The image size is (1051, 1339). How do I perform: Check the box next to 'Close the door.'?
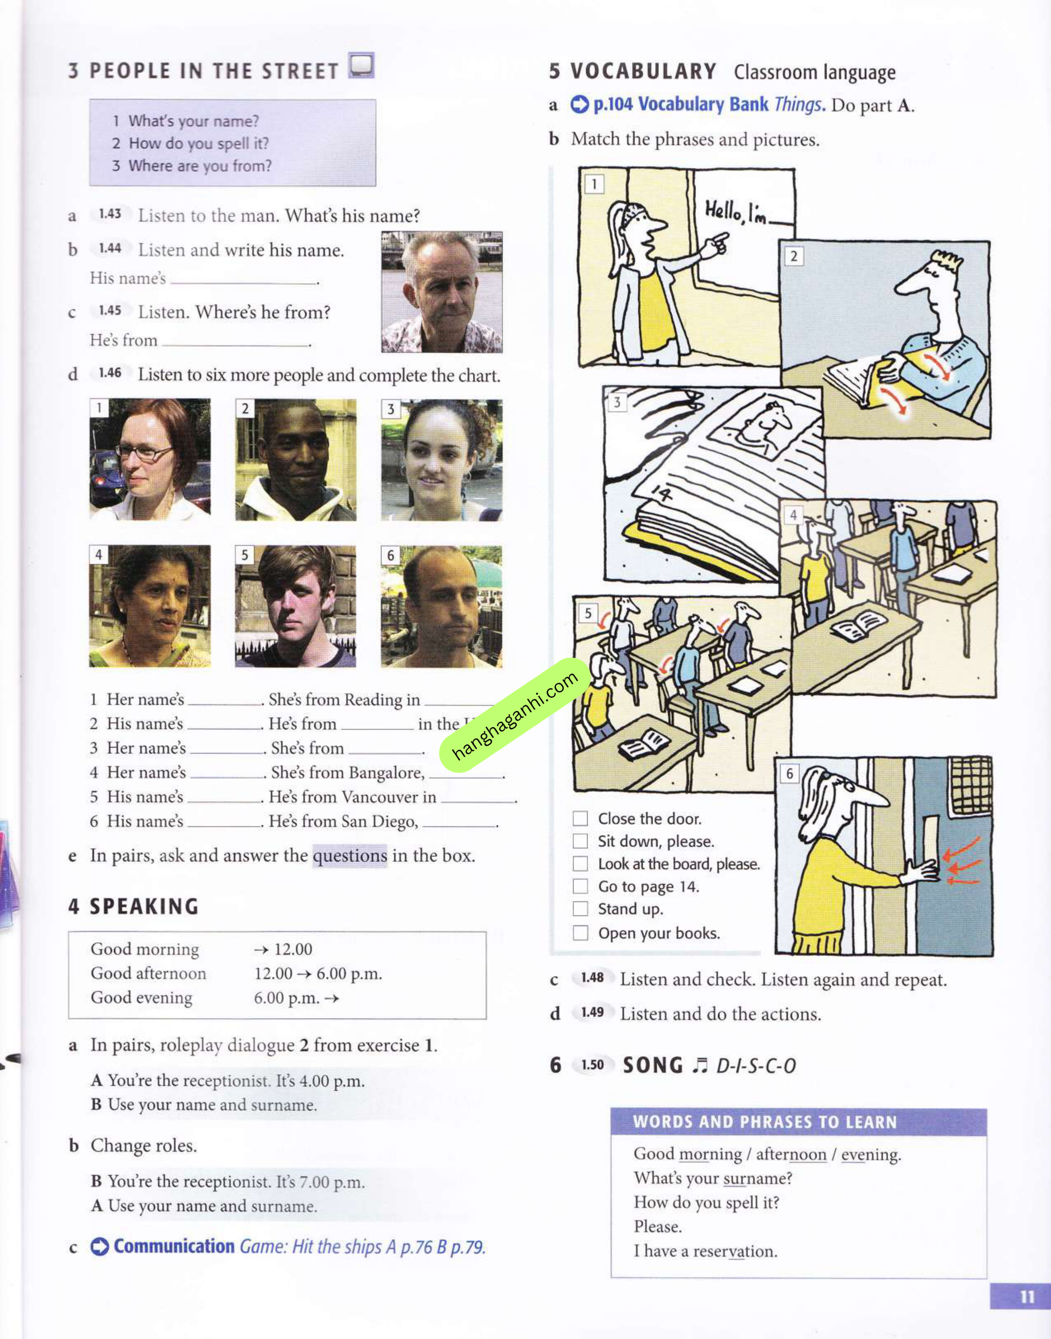[580, 819]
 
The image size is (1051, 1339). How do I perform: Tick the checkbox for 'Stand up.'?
[580, 909]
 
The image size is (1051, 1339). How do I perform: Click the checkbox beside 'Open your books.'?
[580, 933]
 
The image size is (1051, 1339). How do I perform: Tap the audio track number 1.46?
[110, 373]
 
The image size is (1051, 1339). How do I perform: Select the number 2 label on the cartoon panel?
[793, 256]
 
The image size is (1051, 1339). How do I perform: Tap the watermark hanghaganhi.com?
[515, 715]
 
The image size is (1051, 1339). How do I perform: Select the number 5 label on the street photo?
[244, 555]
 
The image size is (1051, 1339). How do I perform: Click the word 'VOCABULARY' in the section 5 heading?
[643, 71]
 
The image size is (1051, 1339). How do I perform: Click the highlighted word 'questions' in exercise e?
[350, 855]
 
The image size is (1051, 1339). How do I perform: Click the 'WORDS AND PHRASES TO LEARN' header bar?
[798, 1122]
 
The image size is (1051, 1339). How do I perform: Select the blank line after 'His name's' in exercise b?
[244, 280]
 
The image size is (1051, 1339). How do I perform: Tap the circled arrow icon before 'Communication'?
[100, 1247]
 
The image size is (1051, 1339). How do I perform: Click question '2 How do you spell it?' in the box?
[191, 144]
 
